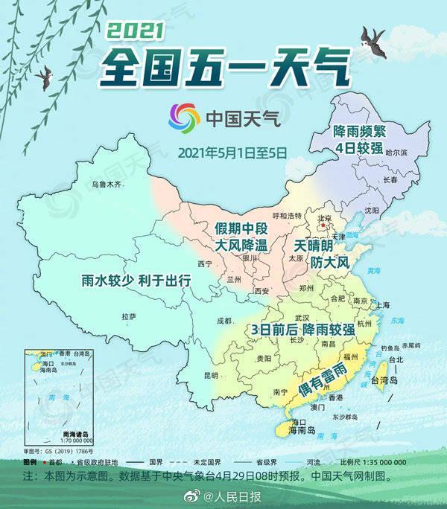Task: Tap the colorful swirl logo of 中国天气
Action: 184,118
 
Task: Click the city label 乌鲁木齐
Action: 106,184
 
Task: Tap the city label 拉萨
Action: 128,316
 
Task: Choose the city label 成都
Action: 224,321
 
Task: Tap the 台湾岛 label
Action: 385,381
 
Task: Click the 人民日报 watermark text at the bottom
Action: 239,496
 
